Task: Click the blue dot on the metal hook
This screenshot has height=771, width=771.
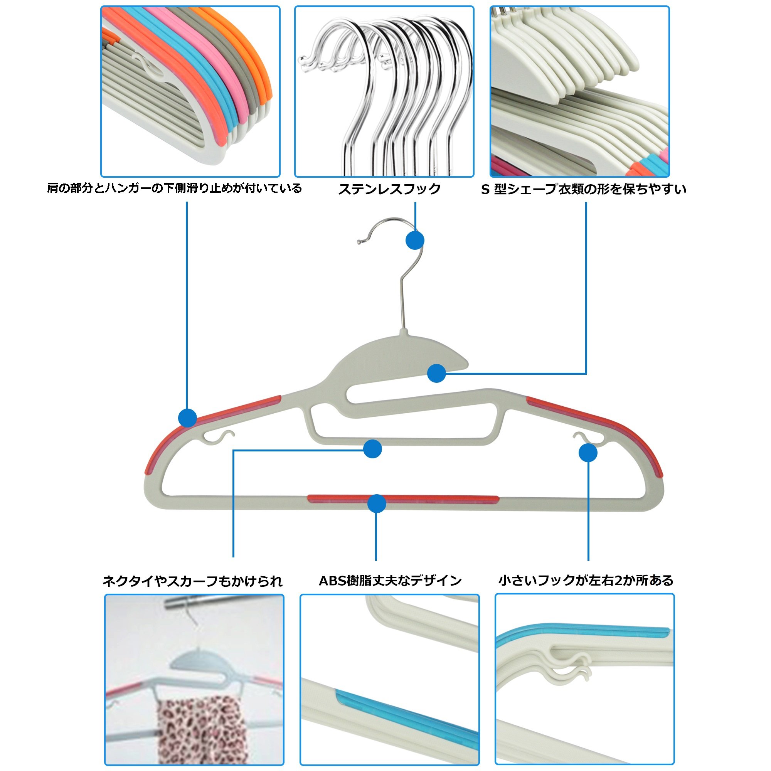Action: [x=415, y=241]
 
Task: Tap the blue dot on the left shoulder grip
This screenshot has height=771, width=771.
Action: [x=187, y=418]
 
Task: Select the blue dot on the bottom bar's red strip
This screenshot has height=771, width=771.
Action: [x=376, y=503]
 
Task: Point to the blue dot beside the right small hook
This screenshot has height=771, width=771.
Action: [x=588, y=453]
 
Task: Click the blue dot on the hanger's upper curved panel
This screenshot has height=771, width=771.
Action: [x=436, y=373]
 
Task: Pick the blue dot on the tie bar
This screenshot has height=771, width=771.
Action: [x=372, y=449]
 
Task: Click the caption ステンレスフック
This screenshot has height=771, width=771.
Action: [x=389, y=189]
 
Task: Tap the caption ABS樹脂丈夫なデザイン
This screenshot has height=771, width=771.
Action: [x=390, y=580]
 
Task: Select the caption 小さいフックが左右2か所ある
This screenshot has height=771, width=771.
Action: [x=586, y=580]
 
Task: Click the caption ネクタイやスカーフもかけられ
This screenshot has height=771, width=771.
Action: [x=192, y=581]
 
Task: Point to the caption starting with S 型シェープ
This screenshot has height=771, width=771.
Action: [x=583, y=189]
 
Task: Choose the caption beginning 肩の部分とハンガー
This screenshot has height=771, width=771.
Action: [x=174, y=188]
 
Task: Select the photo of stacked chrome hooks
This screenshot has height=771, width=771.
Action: [x=384, y=91]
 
